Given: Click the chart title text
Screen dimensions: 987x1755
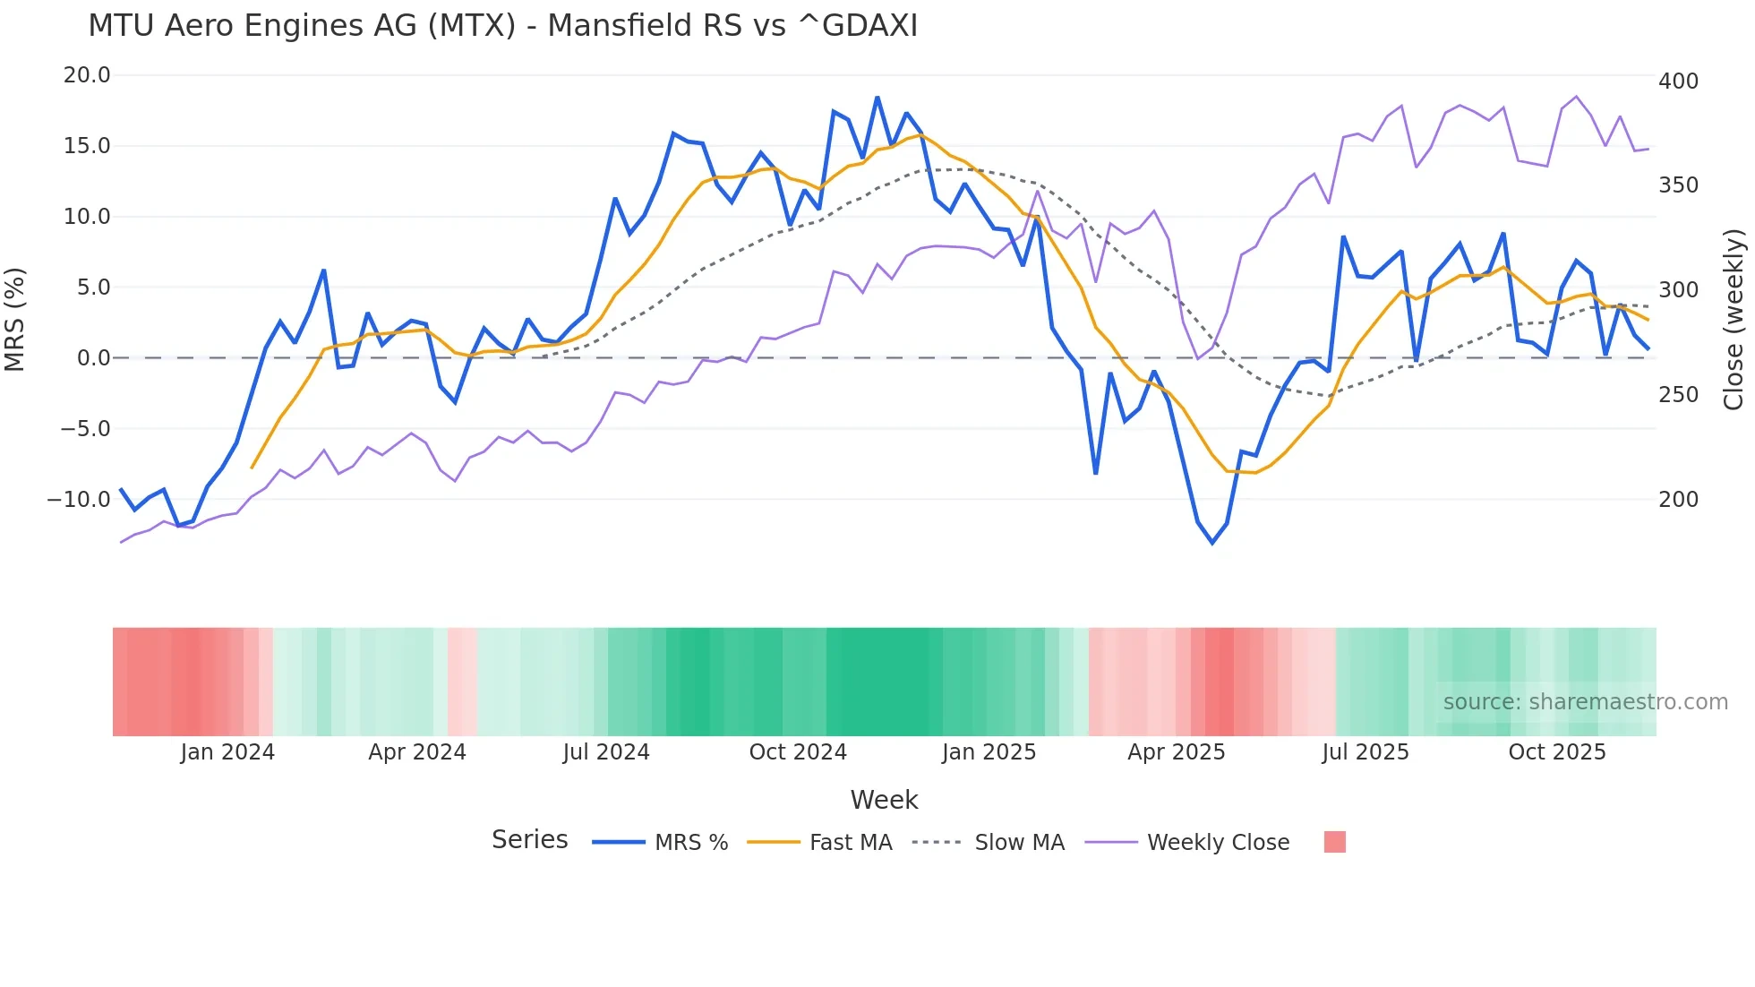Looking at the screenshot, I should (x=502, y=26).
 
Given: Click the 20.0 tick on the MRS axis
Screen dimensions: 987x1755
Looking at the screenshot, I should (x=87, y=75).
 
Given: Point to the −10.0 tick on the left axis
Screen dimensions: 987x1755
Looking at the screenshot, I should (x=79, y=500).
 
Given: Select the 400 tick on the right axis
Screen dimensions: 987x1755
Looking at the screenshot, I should (x=1678, y=82).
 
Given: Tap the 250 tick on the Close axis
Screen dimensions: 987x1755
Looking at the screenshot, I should (x=1678, y=395).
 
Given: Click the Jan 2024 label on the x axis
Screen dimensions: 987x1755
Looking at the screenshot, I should (x=227, y=752).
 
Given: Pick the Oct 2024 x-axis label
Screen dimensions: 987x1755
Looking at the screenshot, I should (x=798, y=752).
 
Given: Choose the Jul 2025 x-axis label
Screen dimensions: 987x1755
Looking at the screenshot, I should (x=1365, y=752).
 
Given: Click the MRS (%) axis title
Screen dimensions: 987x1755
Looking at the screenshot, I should (x=15, y=319).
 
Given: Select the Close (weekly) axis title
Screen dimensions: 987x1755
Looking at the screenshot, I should (x=1734, y=319).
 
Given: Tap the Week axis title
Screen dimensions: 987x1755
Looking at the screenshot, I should (x=884, y=800).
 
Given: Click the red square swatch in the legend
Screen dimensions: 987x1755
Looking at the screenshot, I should (x=1334, y=842).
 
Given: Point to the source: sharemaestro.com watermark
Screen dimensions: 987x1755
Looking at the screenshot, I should (x=1585, y=702).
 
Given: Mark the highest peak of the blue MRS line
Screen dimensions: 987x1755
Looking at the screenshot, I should (x=877, y=98).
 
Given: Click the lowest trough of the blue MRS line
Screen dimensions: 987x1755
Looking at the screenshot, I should (x=1212, y=543).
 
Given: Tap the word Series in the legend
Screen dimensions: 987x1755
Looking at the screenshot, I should (x=529, y=840).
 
